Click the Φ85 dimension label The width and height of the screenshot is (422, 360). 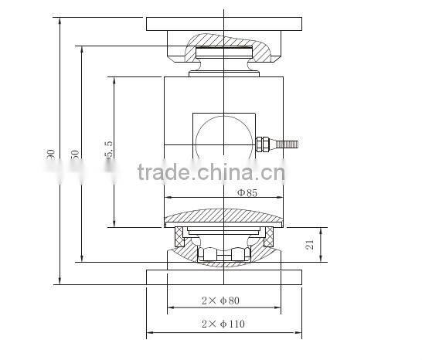coord(247,193)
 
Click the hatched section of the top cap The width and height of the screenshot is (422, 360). coord(255,51)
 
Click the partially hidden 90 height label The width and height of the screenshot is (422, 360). coord(51,155)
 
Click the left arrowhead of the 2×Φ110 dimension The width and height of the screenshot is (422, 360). coord(149,334)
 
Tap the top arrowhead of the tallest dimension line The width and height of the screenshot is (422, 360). coord(60,19)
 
